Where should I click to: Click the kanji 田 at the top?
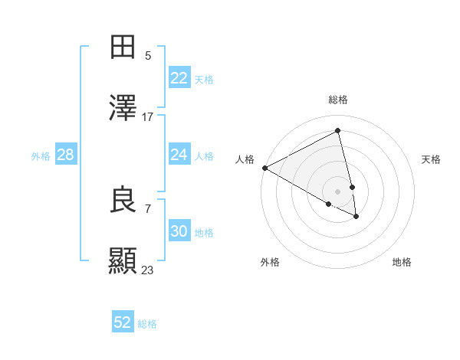point(123,47)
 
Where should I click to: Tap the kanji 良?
point(123,200)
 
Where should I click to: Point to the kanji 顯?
point(123,261)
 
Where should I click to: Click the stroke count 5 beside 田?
point(148,55)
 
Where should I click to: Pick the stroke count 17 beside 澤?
point(148,117)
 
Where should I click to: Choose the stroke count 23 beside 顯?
point(148,270)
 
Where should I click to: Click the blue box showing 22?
point(179,78)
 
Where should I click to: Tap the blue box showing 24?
point(179,155)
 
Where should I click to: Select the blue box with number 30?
point(179,231)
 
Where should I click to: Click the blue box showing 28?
point(66,155)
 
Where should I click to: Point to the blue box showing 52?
point(123,322)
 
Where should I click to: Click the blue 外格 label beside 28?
point(41,156)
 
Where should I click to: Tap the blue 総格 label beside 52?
point(147,324)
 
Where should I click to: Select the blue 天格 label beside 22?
point(204,80)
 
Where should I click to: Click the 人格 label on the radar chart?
point(245,159)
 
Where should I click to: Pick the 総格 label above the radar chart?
point(338,100)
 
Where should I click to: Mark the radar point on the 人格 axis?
point(264,168)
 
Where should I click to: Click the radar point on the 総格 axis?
point(338,131)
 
